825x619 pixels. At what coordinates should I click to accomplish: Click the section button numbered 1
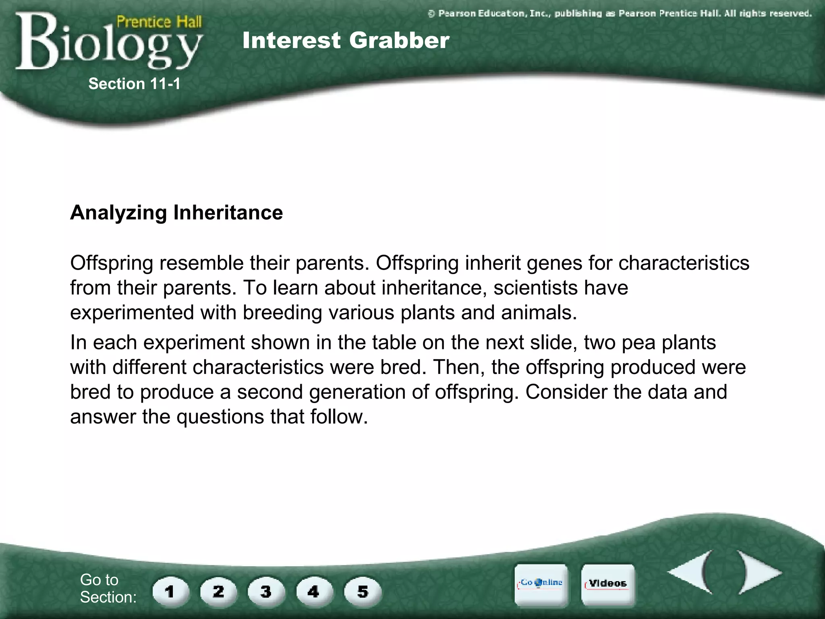(x=170, y=592)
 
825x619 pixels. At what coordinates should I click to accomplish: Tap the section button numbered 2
(x=218, y=592)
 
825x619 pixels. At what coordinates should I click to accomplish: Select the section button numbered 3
(x=266, y=592)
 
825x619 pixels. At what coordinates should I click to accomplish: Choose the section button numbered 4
(x=314, y=592)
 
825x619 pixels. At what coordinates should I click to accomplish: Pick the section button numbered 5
(x=362, y=592)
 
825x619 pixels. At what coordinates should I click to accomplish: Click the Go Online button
(x=541, y=584)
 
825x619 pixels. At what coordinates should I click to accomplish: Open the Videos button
(x=607, y=584)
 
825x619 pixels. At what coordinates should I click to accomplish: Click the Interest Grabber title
(x=346, y=41)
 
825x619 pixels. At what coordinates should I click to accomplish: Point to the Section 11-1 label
(x=134, y=84)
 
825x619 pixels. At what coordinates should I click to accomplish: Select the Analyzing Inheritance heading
(x=176, y=212)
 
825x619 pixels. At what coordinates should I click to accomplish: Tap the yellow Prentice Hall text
(x=159, y=21)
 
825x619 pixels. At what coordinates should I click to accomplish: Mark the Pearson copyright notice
(x=619, y=14)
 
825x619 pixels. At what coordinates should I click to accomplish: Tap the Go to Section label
(x=108, y=588)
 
